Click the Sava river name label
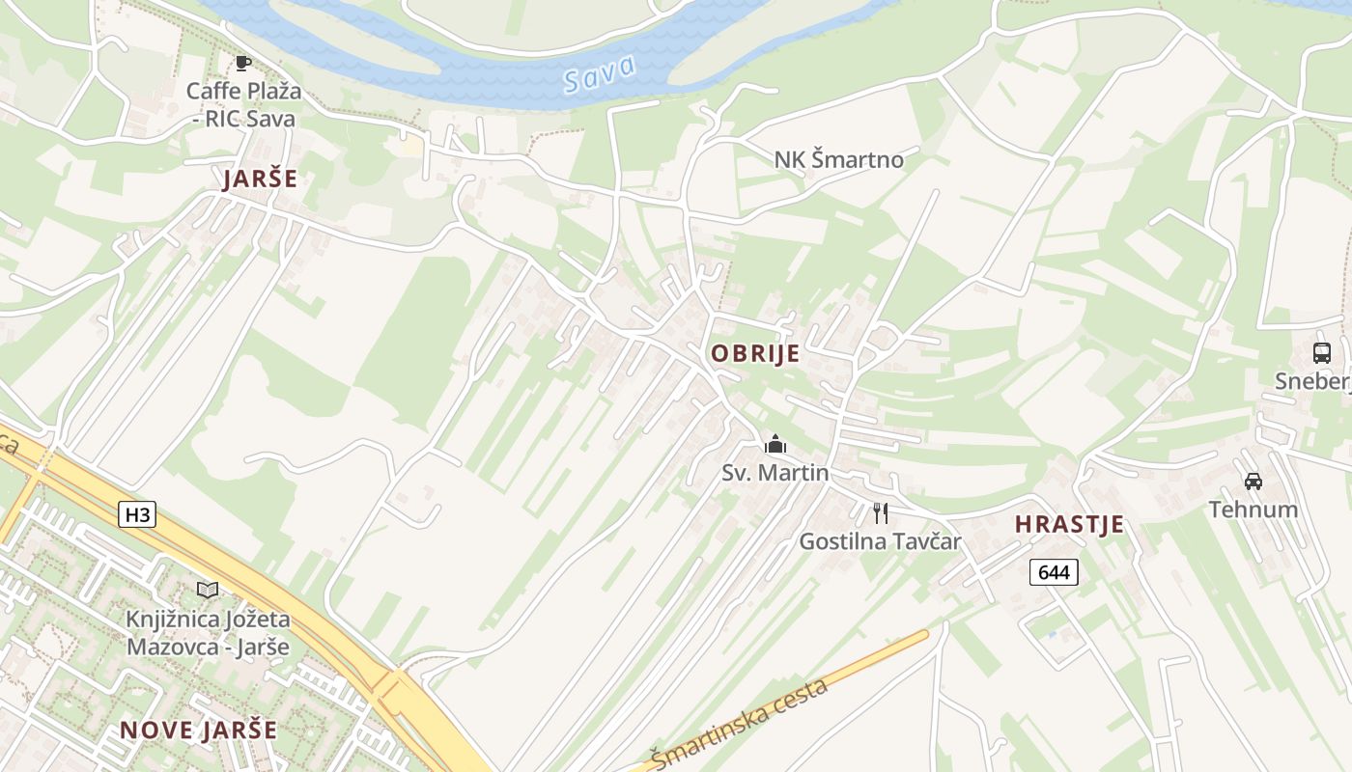[x=600, y=73]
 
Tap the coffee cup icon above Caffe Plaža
[x=242, y=64]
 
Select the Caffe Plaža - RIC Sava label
[x=243, y=105]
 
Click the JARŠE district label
[x=260, y=179]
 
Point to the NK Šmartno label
[x=838, y=159]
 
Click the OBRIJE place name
[x=755, y=353]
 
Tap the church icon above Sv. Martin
[x=775, y=445]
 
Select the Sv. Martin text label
[x=775, y=473]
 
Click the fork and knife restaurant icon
[x=880, y=512]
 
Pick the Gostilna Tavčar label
[x=880, y=541]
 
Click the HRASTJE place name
[x=1069, y=525]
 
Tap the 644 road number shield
[x=1053, y=572]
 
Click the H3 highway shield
[x=137, y=514]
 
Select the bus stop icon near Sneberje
[x=1322, y=353]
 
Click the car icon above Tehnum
[x=1253, y=481]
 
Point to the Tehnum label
[x=1253, y=509]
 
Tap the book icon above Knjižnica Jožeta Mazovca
[x=208, y=590]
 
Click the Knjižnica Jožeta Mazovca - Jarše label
[x=208, y=632]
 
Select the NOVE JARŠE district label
[x=198, y=730]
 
